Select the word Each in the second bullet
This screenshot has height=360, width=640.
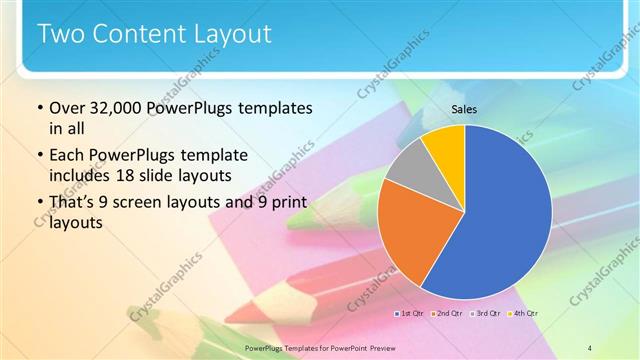coord(67,156)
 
